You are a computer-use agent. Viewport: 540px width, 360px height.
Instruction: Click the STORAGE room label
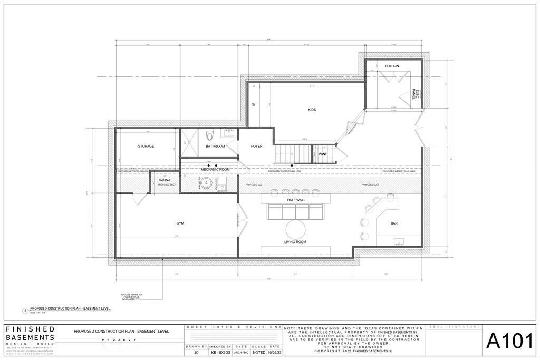tap(146, 146)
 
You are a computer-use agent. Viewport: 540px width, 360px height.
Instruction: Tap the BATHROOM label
tap(215, 146)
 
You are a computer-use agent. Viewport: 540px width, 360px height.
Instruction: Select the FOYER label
tap(256, 146)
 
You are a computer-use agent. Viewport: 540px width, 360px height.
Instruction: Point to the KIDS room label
tap(312, 110)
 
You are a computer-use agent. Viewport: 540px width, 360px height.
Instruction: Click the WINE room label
tap(323, 154)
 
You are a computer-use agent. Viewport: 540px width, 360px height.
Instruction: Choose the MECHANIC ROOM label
tap(215, 169)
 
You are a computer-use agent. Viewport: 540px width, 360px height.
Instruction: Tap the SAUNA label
tap(165, 180)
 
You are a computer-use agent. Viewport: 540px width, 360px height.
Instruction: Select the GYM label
tap(180, 223)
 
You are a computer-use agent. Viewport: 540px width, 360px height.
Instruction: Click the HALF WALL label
tap(296, 200)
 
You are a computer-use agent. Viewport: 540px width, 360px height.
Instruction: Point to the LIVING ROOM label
tap(295, 242)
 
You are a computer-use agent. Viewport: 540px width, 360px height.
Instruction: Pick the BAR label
tap(394, 223)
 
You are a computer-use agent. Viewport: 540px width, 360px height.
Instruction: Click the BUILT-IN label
tap(392, 66)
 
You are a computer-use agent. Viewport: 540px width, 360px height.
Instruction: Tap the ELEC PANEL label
tap(416, 94)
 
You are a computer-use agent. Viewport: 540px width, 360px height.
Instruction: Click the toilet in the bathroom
tap(209, 133)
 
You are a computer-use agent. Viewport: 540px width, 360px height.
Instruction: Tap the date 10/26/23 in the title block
tap(275, 352)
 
